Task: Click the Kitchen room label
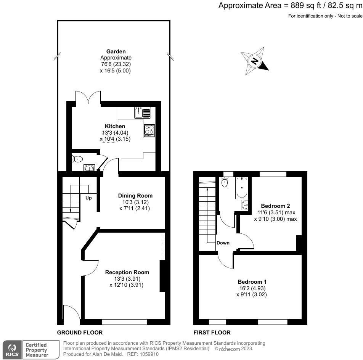pos(115,126)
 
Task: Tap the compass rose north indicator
pos(254,61)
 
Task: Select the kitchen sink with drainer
pos(143,112)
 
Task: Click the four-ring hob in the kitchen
pos(149,130)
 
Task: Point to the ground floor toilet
pos(78,159)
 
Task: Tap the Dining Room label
pos(135,196)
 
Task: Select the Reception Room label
pos(127,272)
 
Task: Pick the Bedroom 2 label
pos(275,206)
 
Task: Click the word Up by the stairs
pos(88,198)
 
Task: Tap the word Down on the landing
pos(223,243)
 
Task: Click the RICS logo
pos(11,350)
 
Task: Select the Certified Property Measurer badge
pos(36,350)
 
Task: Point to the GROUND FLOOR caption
pos(80,333)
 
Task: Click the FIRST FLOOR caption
pos(212,333)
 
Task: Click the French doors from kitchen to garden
pos(88,98)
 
